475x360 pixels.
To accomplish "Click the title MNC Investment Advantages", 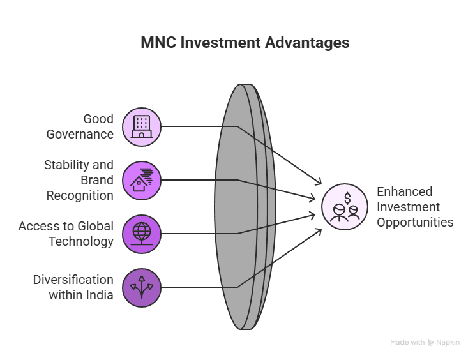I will point(245,43).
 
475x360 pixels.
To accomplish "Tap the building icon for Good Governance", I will point(142,126).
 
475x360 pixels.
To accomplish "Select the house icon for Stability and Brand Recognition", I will point(142,180).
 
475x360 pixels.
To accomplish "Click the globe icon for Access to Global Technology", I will point(142,234).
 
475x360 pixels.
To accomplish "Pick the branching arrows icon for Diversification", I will point(142,287).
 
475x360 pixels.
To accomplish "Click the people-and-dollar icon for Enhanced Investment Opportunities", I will point(345,207).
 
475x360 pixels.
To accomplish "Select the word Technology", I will point(81,241).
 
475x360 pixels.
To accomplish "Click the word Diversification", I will point(73,280).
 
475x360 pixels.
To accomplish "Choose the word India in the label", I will point(100,295).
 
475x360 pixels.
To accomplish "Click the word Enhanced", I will point(404,191).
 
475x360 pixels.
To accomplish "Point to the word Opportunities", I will point(415,222).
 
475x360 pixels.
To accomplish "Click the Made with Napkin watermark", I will point(425,343).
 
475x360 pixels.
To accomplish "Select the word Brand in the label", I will point(97,180).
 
